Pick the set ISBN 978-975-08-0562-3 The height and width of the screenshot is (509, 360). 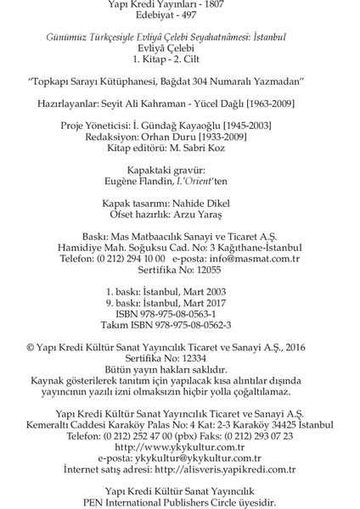[211, 326]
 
